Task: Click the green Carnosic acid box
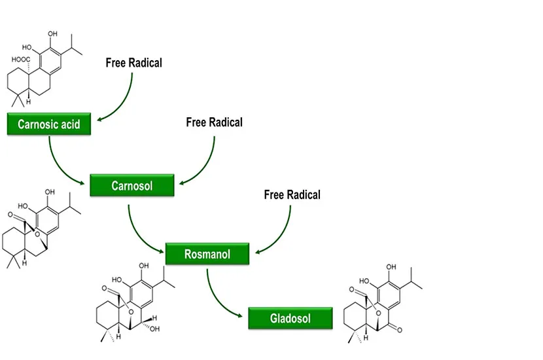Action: click(x=48, y=124)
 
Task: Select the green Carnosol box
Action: click(x=132, y=186)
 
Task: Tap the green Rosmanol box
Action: click(x=207, y=253)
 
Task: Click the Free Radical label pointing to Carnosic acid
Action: click(x=133, y=63)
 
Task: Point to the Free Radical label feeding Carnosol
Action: click(x=214, y=122)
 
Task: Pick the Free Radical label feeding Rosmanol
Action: click(x=292, y=195)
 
